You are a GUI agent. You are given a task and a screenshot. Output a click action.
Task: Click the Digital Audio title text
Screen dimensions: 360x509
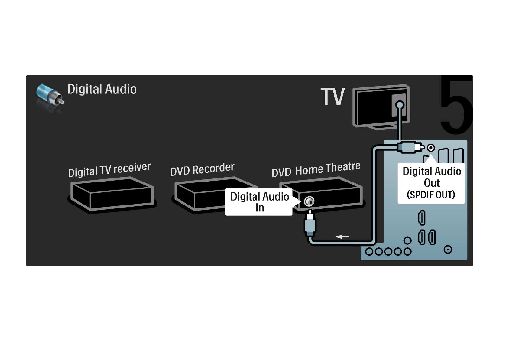(x=102, y=89)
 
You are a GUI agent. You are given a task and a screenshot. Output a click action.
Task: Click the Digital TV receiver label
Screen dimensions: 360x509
(x=109, y=170)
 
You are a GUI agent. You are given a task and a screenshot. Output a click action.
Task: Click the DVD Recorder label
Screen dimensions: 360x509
(x=202, y=169)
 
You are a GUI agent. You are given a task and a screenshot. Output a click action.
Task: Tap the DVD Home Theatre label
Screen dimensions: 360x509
(x=316, y=169)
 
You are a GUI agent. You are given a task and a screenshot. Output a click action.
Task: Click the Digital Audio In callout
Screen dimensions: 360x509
(x=259, y=202)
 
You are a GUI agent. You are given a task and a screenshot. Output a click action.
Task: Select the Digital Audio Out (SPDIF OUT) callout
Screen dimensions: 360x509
(x=431, y=183)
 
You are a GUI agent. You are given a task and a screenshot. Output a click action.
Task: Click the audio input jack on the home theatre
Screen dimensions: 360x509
(x=309, y=201)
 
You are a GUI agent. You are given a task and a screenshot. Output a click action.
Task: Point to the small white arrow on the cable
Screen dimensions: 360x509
(x=342, y=237)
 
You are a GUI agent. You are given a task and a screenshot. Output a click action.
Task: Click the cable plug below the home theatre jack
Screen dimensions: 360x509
(x=310, y=224)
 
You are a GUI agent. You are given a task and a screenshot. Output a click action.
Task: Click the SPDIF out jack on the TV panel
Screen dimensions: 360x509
(x=431, y=148)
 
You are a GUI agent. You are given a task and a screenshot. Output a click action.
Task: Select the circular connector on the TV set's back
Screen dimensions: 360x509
(x=400, y=105)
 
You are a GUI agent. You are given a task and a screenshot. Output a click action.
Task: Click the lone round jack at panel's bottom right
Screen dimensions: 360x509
(x=448, y=250)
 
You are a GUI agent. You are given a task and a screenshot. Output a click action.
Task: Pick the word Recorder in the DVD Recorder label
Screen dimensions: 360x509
(x=213, y=169)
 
